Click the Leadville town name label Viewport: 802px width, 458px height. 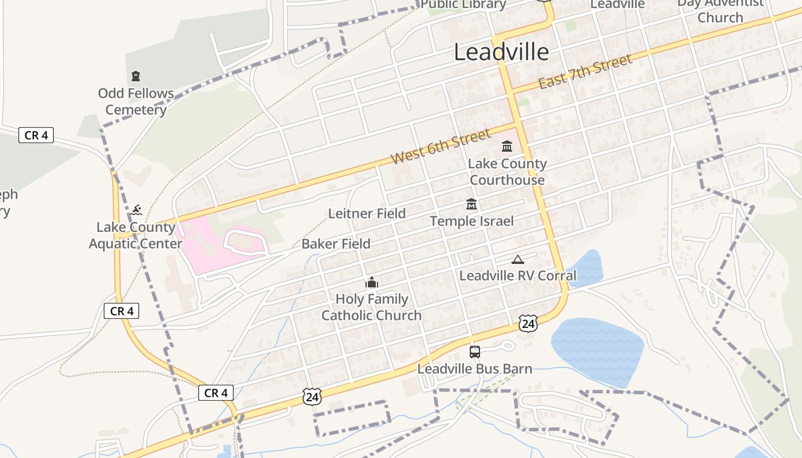pyautogui.click(x=501, y=52)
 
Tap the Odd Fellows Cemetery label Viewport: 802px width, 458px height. pyautogui.click(x=136, y=101)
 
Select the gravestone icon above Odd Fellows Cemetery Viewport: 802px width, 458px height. pyautogui.click(x=136, y=76)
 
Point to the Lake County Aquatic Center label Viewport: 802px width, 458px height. pyautogui.click(x=136, y=235)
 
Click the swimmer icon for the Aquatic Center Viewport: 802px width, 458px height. pyautogui.click(x=136, y=210)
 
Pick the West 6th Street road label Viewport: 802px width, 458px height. pyautogui.click(x=441, y=147)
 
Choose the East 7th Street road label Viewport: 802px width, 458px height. pyautogui.click(x=585, y=72)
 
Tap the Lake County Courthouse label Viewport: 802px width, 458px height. pyautogui.click(x=507, y=172)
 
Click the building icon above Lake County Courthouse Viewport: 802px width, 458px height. pyautogui.click(x=507, y=147)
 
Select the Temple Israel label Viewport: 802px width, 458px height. pyautogui.click(x=471, y=221)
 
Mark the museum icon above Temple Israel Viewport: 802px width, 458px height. pyautogui.click(x=471, y=204)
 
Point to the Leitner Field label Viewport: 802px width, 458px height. pyautogui.click(x=367, y=214)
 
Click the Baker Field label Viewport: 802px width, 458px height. pyautogui.click(x=336, y=244)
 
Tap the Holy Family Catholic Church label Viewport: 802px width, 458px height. pyautogui.click(x=371, y=307)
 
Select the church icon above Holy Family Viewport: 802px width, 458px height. pyautogui.click(x=372, y=282)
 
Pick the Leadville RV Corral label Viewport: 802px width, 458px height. pyautogui.click(x=518, y=275)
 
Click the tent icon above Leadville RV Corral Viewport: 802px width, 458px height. pyautogui.click(x=518, y=259)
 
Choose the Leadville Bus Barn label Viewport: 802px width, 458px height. pyautogui.click(x=474, y=369)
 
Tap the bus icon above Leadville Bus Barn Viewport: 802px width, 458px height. pyautogui.click(x=474, y=352)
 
